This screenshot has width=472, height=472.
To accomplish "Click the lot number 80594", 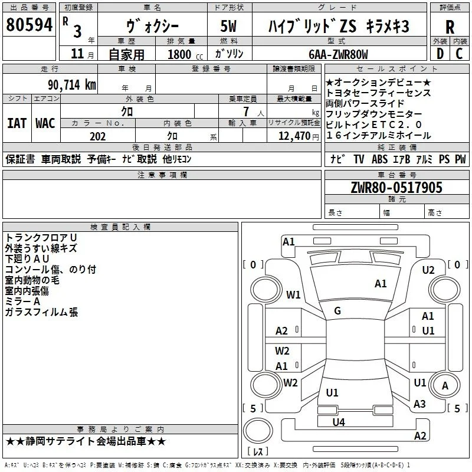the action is click(x=29, y=24).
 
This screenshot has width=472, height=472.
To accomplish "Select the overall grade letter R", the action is click(x=450, y=27).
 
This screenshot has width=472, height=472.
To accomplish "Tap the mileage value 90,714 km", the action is click(x=72, y=85).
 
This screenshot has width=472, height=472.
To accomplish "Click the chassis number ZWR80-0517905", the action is click(x=396, y=188).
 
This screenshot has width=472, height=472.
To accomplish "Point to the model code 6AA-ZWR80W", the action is click(x=338, y=54).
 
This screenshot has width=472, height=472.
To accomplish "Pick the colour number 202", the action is click(x=97, y=136).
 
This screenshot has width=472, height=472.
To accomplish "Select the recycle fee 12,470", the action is click(x=294, y=136).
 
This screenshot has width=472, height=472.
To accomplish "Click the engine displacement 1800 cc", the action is click(x=185, y=54).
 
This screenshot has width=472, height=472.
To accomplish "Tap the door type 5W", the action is click(x=228, y=26).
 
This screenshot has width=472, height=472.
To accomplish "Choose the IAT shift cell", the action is click(x=17, y=123).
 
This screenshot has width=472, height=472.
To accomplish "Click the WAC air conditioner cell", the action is click(x=45, y=123).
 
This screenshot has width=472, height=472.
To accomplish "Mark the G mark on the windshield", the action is click(x=337, y=311).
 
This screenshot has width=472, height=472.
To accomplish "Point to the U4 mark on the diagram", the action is click(x=339, y=422).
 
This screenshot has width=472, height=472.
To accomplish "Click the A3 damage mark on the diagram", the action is click(x=419, y=404).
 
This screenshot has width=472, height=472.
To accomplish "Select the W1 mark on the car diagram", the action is click(x=293, y=294).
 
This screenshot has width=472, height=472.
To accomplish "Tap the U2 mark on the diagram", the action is click(x=428, y=270).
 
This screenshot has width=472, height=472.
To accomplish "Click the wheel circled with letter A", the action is click(x=445, y=385).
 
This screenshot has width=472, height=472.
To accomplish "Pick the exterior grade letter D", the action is click(x=440, y=54).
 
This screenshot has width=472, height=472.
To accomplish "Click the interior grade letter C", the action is click(x=459, y=54).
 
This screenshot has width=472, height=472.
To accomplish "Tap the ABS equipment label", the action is click(x=379, y=159).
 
